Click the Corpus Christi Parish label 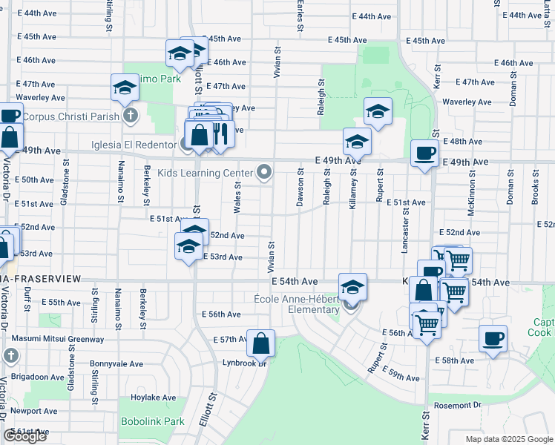(x=70, y=117)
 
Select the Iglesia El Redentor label (x=134, y=145)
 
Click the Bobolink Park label (x=152, y=421)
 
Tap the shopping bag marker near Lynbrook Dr (x=261, y=343)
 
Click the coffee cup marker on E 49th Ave (x=424, y=153)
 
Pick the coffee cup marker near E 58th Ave (x=493, y=339)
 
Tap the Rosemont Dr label (x=457, y=405)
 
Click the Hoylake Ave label (x=154, y=398)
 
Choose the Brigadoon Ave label (x=37, y=377)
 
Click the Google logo (x=24, y=436)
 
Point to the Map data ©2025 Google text (x=509, y=438)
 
